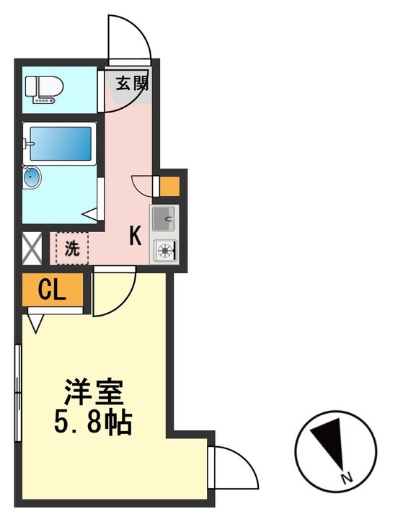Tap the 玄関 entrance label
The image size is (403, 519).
pyautogui.click(x=132, y=83)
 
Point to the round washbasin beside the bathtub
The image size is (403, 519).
pyautogui.click(x=32, y=176)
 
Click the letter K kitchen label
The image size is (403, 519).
pyautogui.click(x=135, y=236)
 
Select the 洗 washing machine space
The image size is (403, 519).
pyautogui.click(x=71, y=248)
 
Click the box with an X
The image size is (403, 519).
pyautogui.click(x=32, y=247)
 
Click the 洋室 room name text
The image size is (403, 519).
pyautogui.click(x=94, y=392)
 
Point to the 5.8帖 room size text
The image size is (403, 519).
pyautogui.click(x=93, y=422)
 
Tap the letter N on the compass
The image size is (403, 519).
pyautogui.click(x=347, y=478)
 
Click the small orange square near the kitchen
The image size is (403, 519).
pyautogui.click(x=169, y=187)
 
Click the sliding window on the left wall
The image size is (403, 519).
pyautogui.click(x=18, y=393)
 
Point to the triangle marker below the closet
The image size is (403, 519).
pyautogui.click(x=36, y=321)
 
